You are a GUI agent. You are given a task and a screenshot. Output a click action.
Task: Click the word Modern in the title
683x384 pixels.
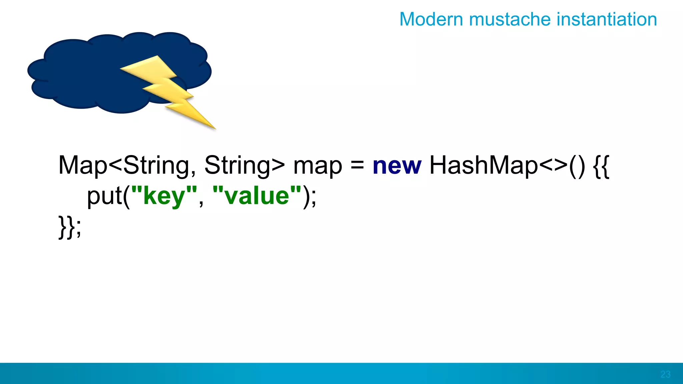(432, 19)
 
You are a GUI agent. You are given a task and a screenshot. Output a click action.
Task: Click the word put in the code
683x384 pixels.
(104, 197)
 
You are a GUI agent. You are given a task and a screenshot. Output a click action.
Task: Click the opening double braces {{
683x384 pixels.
(601, 166)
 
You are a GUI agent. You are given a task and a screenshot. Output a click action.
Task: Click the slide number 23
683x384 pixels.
(665, 374)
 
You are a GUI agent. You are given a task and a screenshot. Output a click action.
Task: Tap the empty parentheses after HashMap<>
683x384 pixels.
(577, 166)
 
